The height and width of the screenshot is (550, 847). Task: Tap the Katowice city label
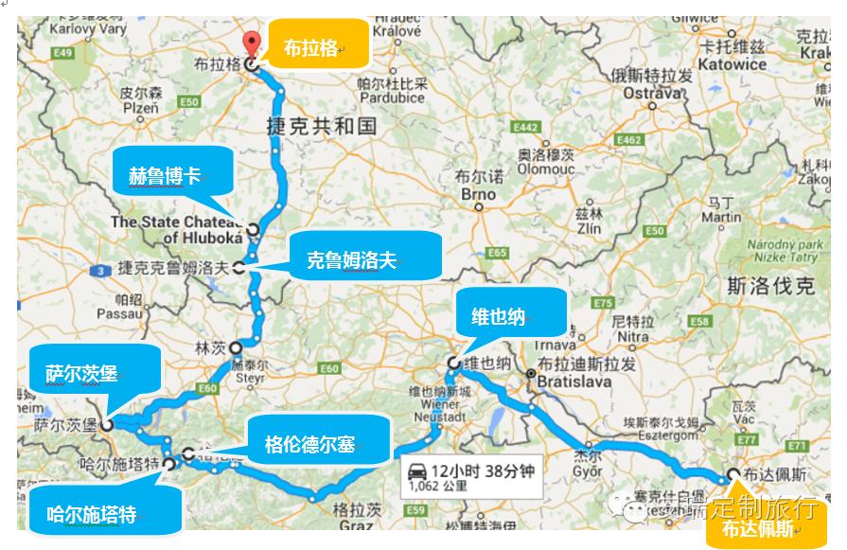734,64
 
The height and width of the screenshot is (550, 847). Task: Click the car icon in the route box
416,470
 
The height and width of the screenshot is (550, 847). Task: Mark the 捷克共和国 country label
322,126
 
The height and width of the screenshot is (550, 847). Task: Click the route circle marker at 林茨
235,347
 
